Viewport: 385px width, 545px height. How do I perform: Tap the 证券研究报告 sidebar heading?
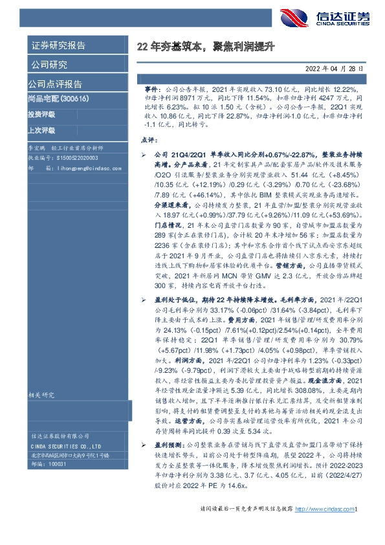pyautogui.click(x=58, y=46)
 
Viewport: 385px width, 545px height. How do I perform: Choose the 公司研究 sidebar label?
pyautogui.click(x=49, y=65)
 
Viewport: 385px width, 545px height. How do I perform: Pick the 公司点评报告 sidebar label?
pyautogui.click(x=55, y=84)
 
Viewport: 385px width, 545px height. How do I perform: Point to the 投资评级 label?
pyautogui.click(x=41, y=115)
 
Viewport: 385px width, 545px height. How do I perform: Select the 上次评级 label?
pyautogui.click(x=41, y=130)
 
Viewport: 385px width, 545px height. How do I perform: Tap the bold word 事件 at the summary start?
pyautogui.click(x=151, y=87)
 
